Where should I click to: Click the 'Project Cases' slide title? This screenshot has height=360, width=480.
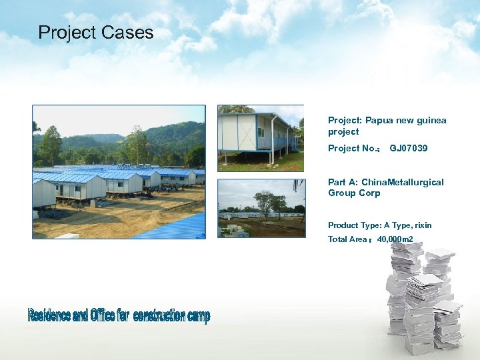click(x=96, y=33)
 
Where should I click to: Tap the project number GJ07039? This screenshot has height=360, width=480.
click(x=409, y=148)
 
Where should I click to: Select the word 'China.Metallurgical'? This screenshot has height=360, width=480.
click(x=402, y=182)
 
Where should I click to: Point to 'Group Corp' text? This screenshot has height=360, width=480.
click(x=354, y=193)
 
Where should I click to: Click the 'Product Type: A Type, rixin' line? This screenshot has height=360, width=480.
click(x=379, y=225)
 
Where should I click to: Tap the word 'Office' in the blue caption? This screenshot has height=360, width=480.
click(x=102, y=315)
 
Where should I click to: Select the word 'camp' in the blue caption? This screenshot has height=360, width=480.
click(x=199, y=315)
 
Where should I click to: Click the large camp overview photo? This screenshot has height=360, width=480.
click(x=119, y=171)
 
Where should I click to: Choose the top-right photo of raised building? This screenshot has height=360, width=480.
click(x=261, y=138)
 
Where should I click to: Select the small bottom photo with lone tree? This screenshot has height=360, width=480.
click(x=261, y=207)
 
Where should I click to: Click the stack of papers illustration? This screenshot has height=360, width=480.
click(x=423, y=297)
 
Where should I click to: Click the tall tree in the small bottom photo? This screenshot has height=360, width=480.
click(x=265, y=201)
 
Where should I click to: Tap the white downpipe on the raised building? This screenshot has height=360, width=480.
click(x=273, y=140)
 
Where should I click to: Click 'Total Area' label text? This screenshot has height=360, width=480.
click(x=347, y=239)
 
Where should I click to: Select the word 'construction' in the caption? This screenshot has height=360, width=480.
click(x=159, y=315)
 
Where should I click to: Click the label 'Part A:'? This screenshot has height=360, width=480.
click(x=342, y=182)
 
